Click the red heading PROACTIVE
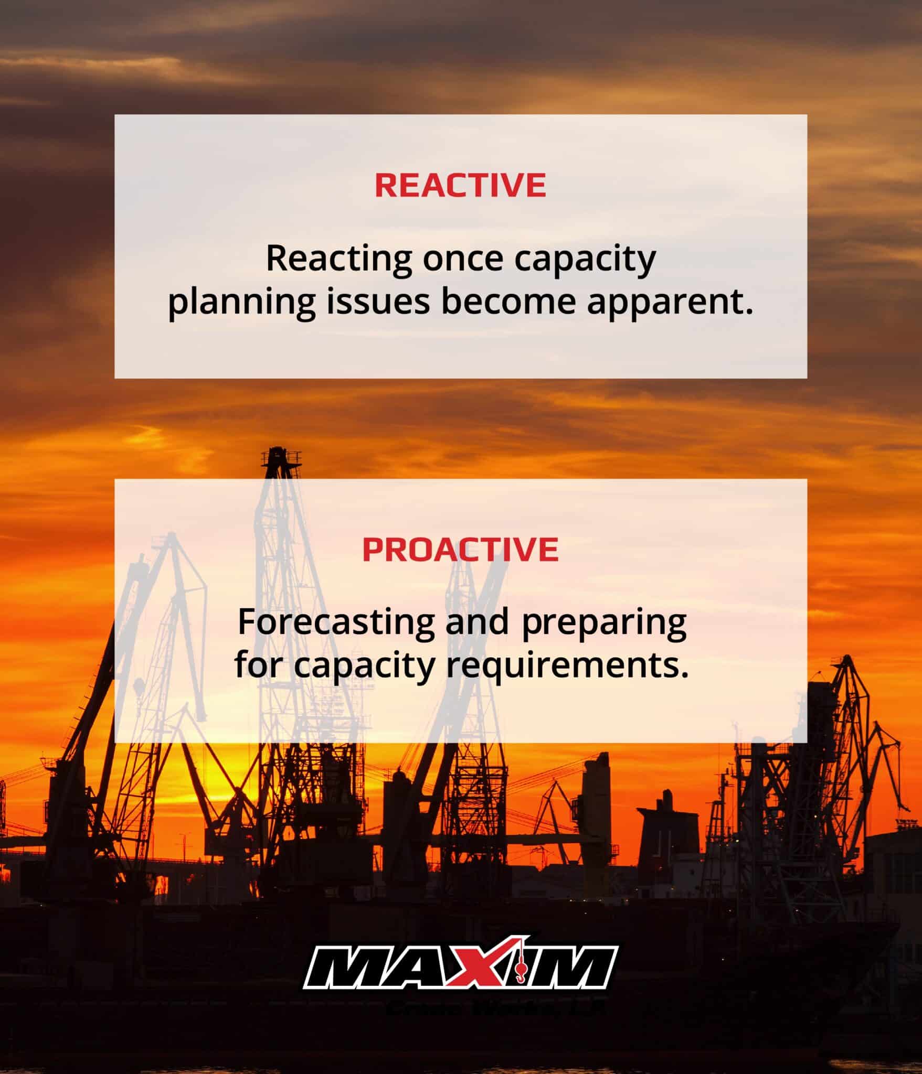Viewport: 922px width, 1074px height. tap(460, 549)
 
